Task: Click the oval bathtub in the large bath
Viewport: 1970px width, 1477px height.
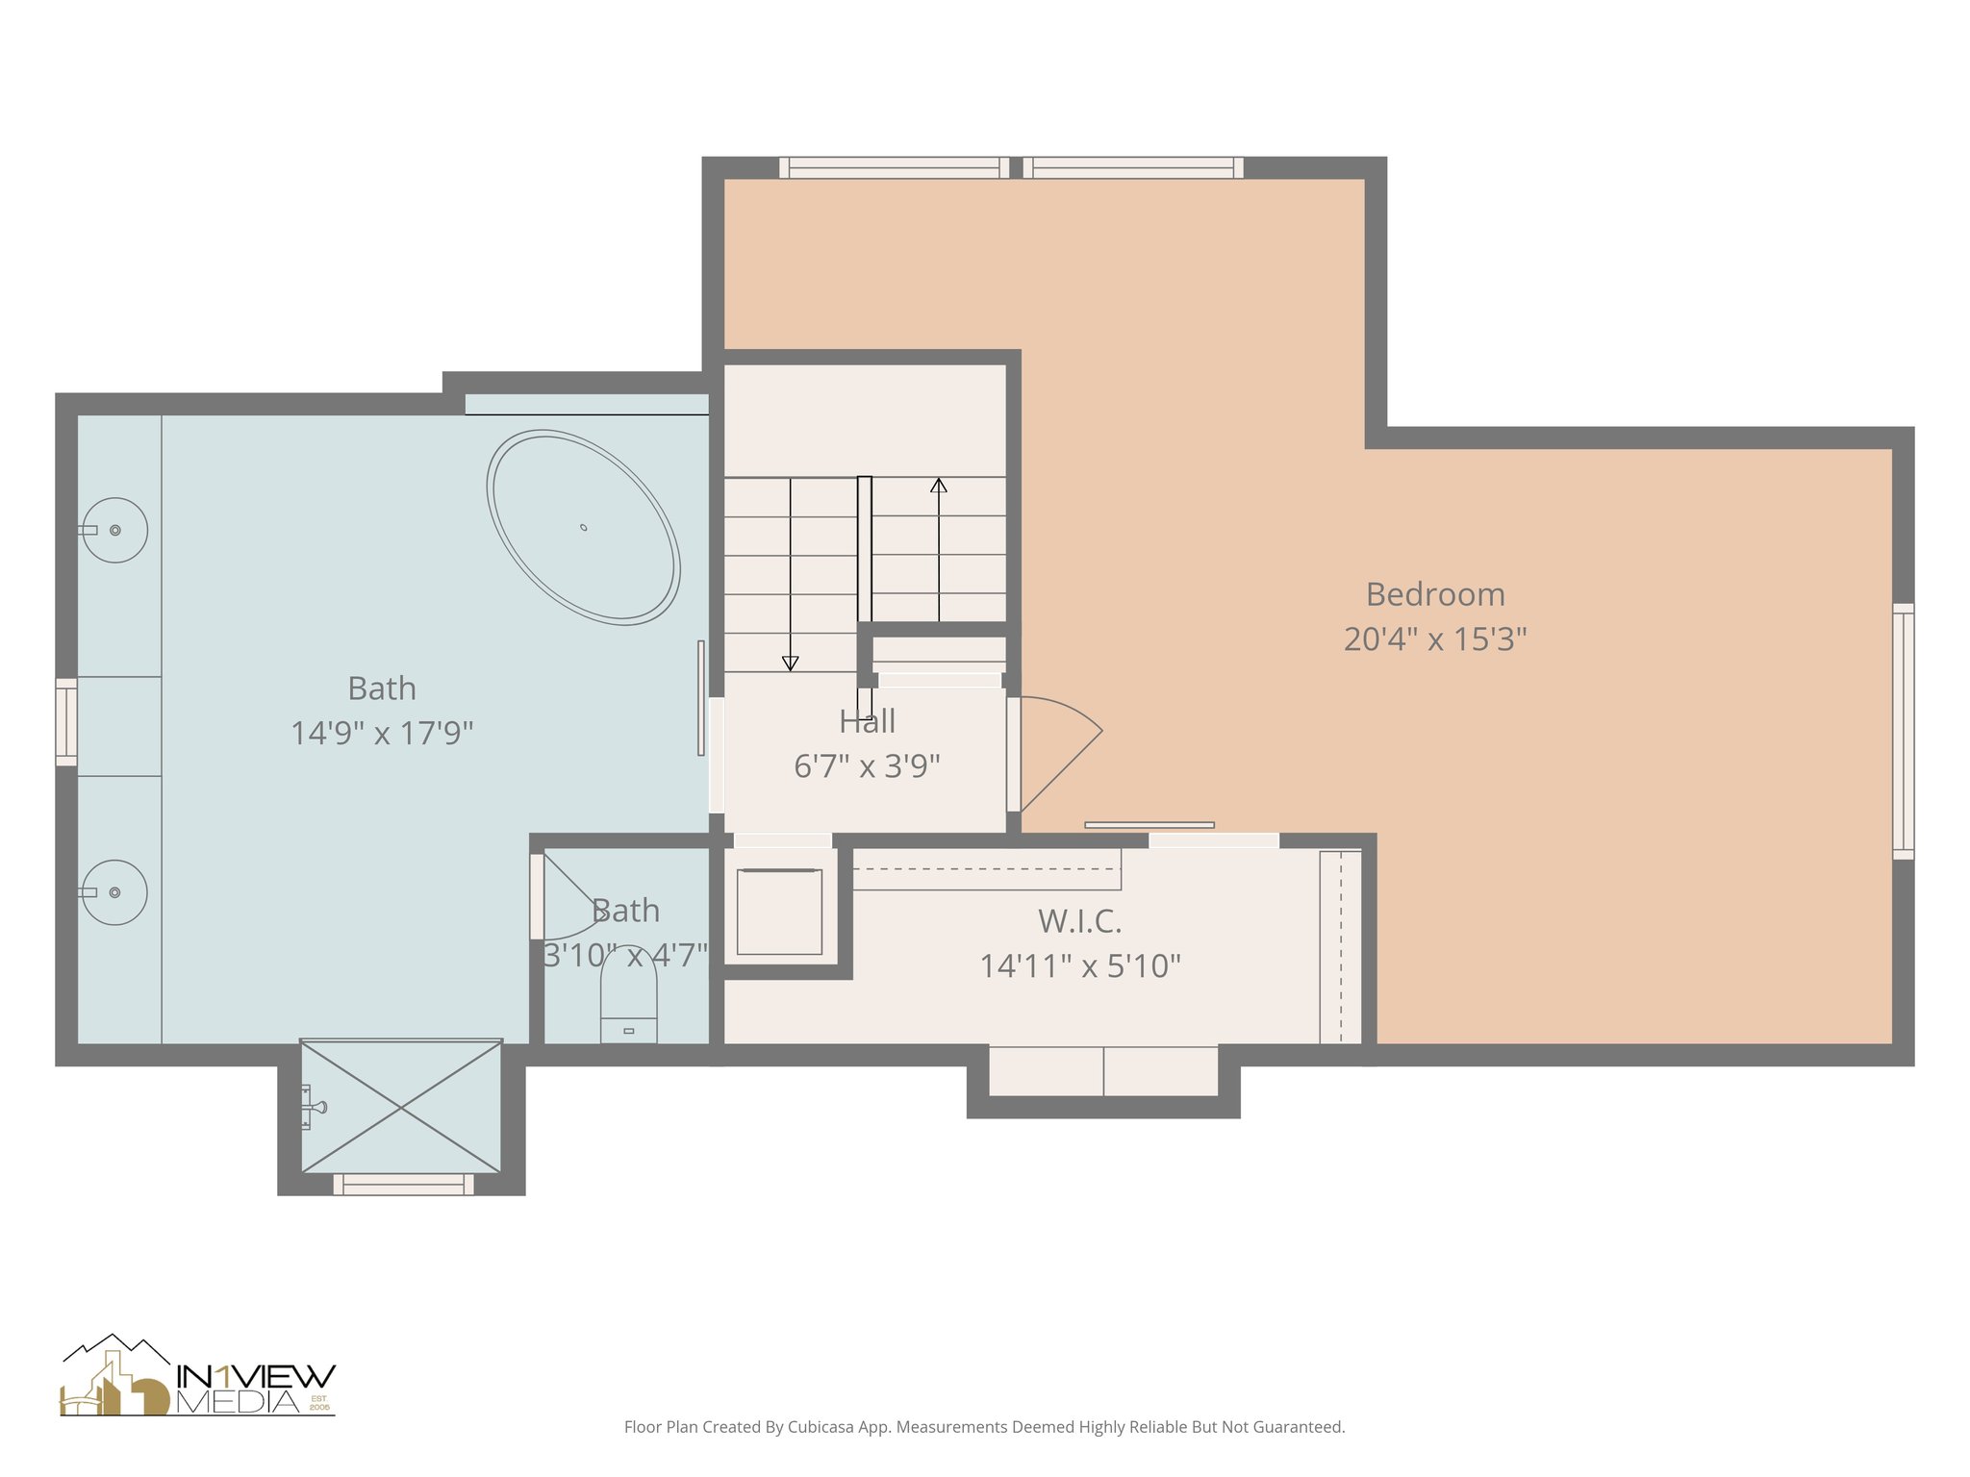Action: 583,528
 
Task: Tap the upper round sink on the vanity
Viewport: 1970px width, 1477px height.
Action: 114,530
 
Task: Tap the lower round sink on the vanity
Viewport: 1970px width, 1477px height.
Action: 114,892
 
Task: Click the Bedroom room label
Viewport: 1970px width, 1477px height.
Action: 1435,594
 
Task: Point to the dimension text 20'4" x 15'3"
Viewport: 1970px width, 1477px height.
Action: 1435,639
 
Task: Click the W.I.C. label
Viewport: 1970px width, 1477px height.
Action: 1079,921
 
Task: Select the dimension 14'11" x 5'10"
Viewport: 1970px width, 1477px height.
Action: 1079,965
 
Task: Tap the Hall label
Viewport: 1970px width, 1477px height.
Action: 867,721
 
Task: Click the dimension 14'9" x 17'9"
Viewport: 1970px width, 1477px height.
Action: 382,733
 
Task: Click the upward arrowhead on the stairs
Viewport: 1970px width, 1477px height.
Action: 939,486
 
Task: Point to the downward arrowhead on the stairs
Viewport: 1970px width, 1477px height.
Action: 790,663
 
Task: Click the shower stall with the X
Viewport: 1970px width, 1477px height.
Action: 401,1108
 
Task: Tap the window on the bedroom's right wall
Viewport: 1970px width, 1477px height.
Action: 1903,731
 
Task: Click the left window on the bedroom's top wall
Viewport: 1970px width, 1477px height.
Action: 894,168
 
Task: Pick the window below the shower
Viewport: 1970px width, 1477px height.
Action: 403,1185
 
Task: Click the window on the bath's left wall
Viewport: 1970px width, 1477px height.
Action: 66,722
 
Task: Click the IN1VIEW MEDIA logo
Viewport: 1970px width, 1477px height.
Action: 198,1377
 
